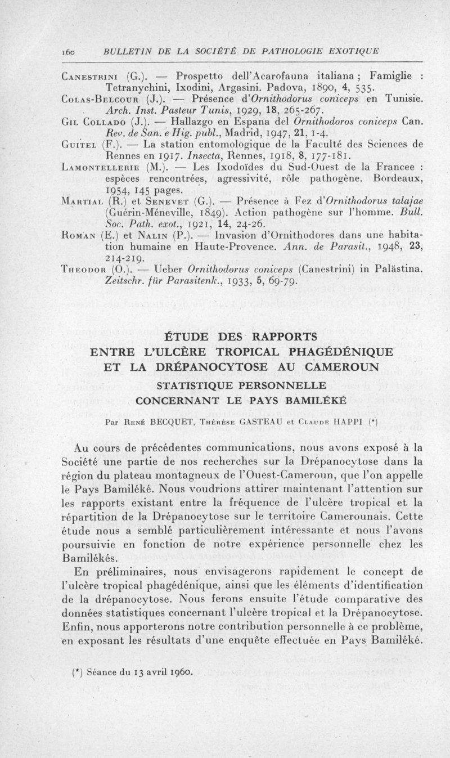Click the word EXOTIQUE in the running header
pyautogui.click(x=351, y=51)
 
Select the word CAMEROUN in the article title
pyautogui.click(x=328, y=367)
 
